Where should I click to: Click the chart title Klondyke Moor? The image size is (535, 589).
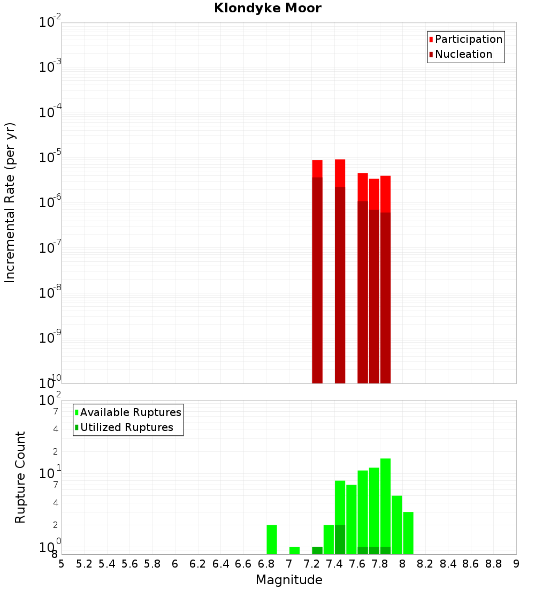click(267, 9)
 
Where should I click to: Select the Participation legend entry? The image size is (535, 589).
click(468, 40)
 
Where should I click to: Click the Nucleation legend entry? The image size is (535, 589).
click(463, 55)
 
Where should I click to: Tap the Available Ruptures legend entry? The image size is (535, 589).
click(130, 413)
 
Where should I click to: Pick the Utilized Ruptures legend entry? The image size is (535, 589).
click(126, 428)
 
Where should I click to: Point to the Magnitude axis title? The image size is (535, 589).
click(289, 580)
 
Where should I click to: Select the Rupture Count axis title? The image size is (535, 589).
click(20, 477)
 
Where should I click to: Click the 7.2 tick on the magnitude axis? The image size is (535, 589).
click(311, 564)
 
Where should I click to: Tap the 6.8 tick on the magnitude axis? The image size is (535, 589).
click(266, 564)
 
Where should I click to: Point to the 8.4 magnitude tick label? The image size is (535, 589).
click(448, 564)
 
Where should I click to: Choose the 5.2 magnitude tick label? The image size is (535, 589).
click(84, 564)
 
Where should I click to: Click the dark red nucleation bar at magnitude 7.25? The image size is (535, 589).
click(317, 278)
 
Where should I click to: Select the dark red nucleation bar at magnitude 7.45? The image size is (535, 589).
click(340, 284)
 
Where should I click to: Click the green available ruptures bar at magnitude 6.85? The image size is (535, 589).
click(272, 539)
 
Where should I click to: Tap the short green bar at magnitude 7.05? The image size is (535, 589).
click(294, 550)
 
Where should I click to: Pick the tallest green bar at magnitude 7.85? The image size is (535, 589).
click(385, 498)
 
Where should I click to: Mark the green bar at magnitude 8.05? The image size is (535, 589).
click(408, 533)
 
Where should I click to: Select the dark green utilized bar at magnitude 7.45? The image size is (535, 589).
click(340, 539)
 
